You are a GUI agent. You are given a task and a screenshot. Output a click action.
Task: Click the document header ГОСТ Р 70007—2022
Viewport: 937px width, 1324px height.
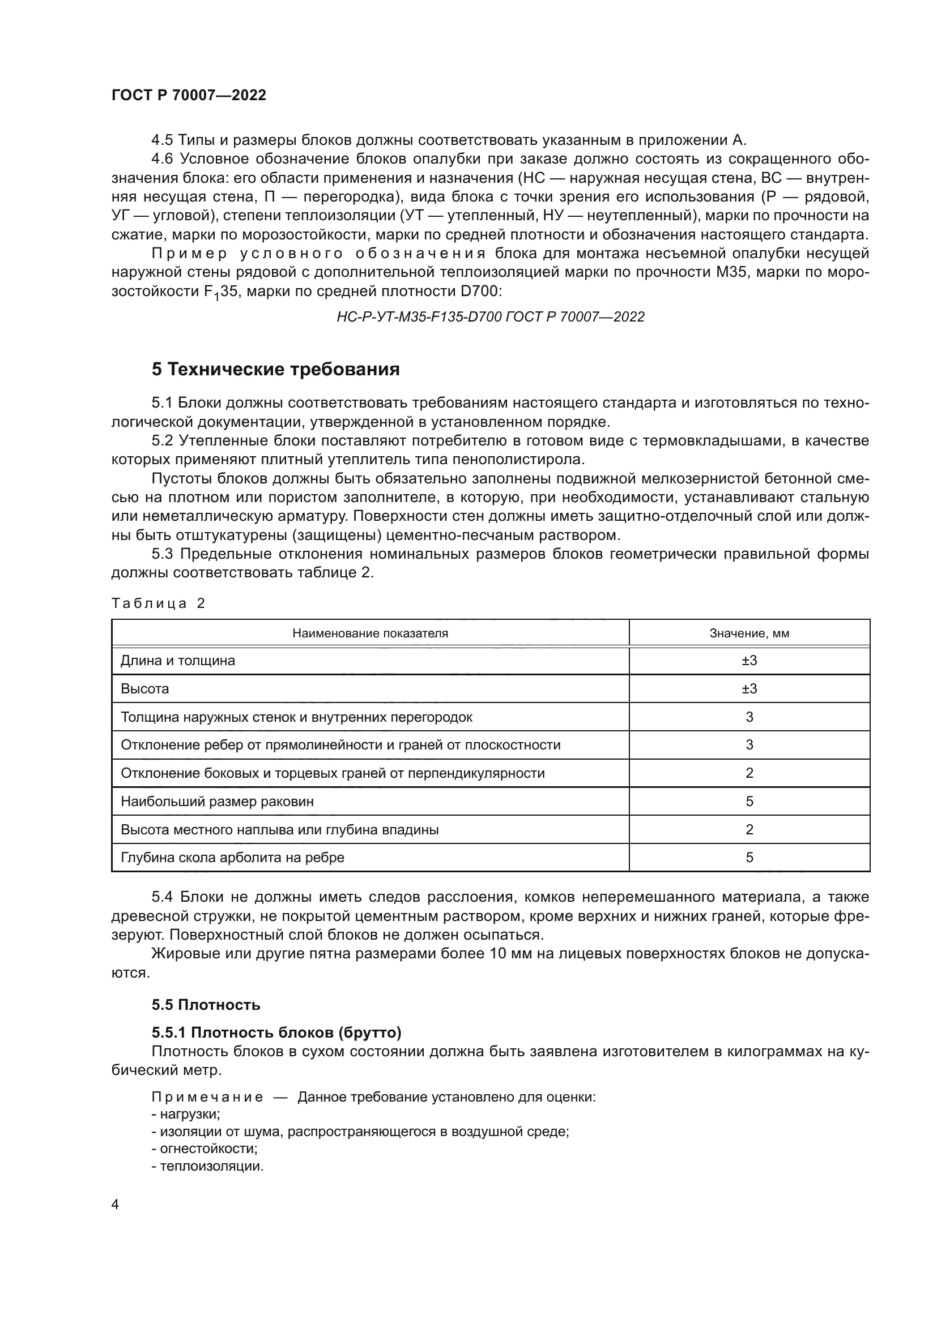point(189,96)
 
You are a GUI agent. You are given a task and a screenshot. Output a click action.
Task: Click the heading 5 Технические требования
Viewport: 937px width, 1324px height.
point(276,369)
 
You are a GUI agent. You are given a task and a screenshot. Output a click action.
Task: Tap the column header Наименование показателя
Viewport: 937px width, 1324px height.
point(370,633)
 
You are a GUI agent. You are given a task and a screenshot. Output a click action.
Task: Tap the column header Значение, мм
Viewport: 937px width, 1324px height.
point(749,633)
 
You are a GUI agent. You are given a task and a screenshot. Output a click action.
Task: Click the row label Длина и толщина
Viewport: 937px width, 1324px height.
point(178,661)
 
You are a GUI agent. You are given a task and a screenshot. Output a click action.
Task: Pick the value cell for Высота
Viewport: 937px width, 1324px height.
point(749,689)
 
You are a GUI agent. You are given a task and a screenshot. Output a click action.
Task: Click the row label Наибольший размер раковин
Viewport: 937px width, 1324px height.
point(217,802)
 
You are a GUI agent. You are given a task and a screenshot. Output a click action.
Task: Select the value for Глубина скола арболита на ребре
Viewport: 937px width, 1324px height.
point(749,858)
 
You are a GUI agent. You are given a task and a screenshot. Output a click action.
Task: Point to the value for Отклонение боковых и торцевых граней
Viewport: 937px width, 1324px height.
point(749,773)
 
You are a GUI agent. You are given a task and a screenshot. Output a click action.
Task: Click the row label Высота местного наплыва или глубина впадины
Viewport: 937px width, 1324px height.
point(279,830)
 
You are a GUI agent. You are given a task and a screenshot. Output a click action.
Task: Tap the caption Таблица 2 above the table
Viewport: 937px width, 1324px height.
point(158,604)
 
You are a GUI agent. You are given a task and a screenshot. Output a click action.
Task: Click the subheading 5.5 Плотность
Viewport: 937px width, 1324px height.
point(206,1005)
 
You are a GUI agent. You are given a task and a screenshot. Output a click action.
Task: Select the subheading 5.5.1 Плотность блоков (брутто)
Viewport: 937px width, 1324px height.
point(276,1032)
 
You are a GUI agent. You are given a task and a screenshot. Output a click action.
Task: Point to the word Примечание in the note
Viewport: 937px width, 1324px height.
point(207,1098)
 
